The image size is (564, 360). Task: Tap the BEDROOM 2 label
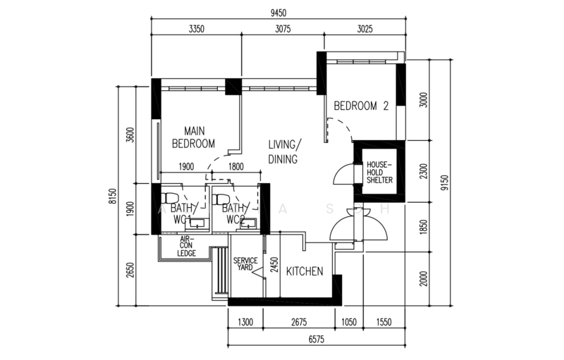361,106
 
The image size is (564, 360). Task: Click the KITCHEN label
305,271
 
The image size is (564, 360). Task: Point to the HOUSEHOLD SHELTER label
379,173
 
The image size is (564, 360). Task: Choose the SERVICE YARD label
247,263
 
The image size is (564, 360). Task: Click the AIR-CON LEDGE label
186,246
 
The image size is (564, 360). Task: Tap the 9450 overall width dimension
278,12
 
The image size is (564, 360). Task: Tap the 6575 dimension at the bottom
316,340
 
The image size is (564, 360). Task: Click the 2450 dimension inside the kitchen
274,264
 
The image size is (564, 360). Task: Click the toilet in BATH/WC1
168,197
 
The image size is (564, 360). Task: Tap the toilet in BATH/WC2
220,197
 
